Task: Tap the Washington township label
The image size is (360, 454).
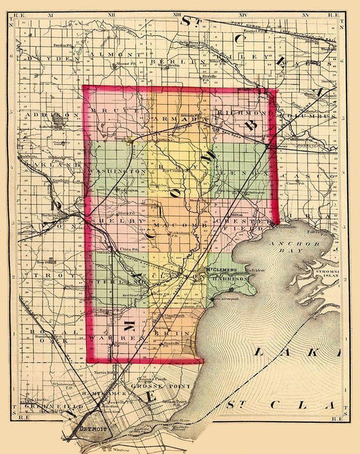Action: pos(116,172)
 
